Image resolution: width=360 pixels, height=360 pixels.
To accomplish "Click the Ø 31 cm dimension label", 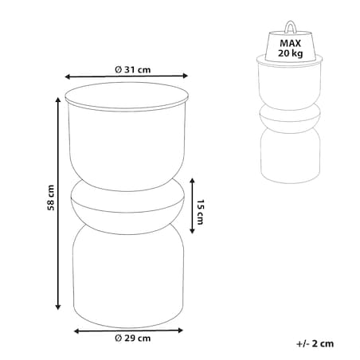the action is [x=133, y=70].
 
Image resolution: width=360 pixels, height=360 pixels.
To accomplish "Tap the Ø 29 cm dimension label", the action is [x=133, y=338].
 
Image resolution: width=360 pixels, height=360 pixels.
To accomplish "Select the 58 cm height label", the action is [x=51, y=198].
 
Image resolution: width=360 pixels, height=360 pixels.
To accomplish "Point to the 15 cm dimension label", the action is [x=200, y=212].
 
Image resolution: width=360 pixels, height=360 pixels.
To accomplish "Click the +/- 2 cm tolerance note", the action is [x=315, y=343].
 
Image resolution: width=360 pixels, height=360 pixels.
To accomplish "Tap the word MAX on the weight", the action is [x=291, y=43].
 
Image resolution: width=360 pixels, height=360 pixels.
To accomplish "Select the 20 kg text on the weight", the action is [x=291, y=53].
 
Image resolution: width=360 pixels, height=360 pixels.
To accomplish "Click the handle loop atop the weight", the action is [x=290, y=27].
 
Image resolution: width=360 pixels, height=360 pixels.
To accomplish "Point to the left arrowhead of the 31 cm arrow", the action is [x=68, y=76].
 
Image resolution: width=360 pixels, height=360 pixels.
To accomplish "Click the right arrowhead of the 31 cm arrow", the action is [x=186, y=76].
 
